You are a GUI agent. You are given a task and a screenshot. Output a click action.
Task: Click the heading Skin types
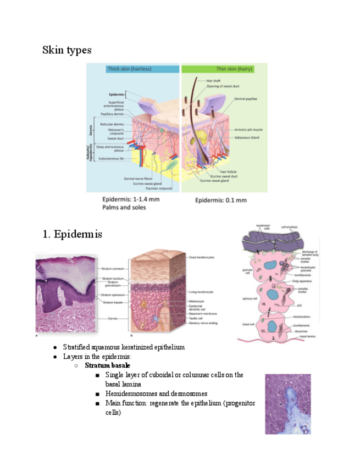pyautogui.click(x=67, y=50)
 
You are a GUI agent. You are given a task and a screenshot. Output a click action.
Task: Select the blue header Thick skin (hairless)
pyautogui.click(x=129, y=69)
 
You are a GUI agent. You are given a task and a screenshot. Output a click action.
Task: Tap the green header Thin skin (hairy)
pyautogui.click(x=207, y=69)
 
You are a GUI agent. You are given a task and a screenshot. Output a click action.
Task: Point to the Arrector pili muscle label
pyautogui.click(x=248, y=130)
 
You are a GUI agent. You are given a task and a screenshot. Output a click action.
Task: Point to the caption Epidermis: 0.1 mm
pyautogui.click(x=221, y=200)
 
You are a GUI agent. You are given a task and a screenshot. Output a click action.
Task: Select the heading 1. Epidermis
pyautogui.click(x=71, y=235)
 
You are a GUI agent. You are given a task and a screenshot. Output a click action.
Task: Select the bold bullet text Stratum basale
pyautogui.click(x=107, y=365)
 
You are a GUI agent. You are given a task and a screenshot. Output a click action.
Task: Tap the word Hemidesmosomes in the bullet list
pyautogui.click(x=134, y=393)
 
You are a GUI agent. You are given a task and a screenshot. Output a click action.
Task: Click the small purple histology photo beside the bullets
pyautogui.click(x=287, y=403)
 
